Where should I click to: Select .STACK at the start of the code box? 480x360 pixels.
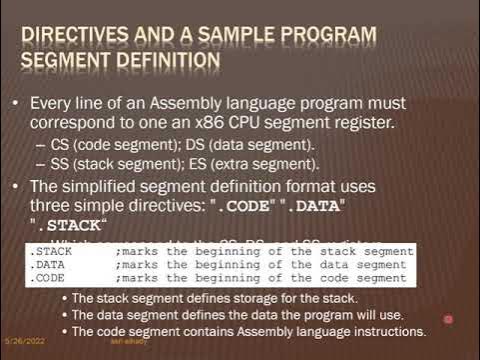click(x=45, y=251)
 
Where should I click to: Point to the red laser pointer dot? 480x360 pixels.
click(x=448, y=320)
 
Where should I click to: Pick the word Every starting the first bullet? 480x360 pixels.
click(x=52, y=103)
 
